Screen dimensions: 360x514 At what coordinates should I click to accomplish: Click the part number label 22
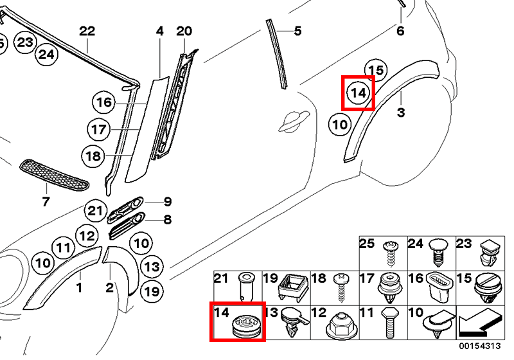pyautogui.click(x=87, y=31)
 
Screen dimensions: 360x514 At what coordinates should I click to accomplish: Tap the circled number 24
pyautogui.click(x=46, y=55)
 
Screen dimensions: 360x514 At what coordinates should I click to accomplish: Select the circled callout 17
pyautogui.click(x=98, y=130)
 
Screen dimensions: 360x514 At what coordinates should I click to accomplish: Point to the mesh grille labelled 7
pyautogui.click(x=54, y=174)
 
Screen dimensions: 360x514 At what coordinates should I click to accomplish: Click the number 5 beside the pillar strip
pyautogui.click(x=297, y=30)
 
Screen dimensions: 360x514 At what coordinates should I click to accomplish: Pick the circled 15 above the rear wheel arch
pyautogui.click(x=377, y=70)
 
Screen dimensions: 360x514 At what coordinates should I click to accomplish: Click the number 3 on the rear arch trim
pyautogui.click(x=400, y=113)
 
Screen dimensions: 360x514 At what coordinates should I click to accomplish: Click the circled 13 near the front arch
pyautogui.click(x=152, y=266)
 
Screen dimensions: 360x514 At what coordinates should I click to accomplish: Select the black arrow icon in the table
pyautogui.click(x=480, y=321)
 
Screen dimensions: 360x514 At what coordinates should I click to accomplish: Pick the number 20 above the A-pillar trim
pyautogui.click(x=184, y=31)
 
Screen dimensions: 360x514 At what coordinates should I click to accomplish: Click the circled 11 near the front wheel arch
pyautogui.click(x=62, y=246)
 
